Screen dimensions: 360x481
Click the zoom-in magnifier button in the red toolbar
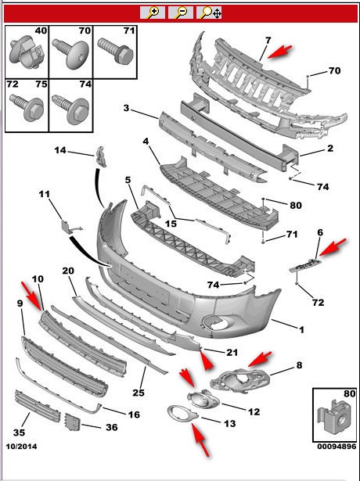[x=153, y=13]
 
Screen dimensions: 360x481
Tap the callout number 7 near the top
[x=268, y=41]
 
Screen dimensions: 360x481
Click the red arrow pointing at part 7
[x=279, y=52]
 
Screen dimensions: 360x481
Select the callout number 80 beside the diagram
[x=296, y=205]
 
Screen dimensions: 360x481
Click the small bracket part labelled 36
[x=73, y=422]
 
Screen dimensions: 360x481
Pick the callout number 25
[x=139, y=392]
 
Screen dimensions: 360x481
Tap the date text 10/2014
[x=21, y=447]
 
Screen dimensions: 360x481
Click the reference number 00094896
[x=337, y=447]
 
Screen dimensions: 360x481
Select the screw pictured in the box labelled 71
[x=116, y=49]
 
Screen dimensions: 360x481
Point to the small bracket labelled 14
[x=100, y=156]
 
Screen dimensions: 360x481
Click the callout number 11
[x=44, y=194]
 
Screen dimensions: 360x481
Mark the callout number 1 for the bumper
[x=301, y=330]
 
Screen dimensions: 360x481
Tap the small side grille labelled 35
[x=38, y=405]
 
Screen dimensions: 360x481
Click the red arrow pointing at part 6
[x=333, y=246]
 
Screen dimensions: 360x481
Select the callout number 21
[x=232, y=353]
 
